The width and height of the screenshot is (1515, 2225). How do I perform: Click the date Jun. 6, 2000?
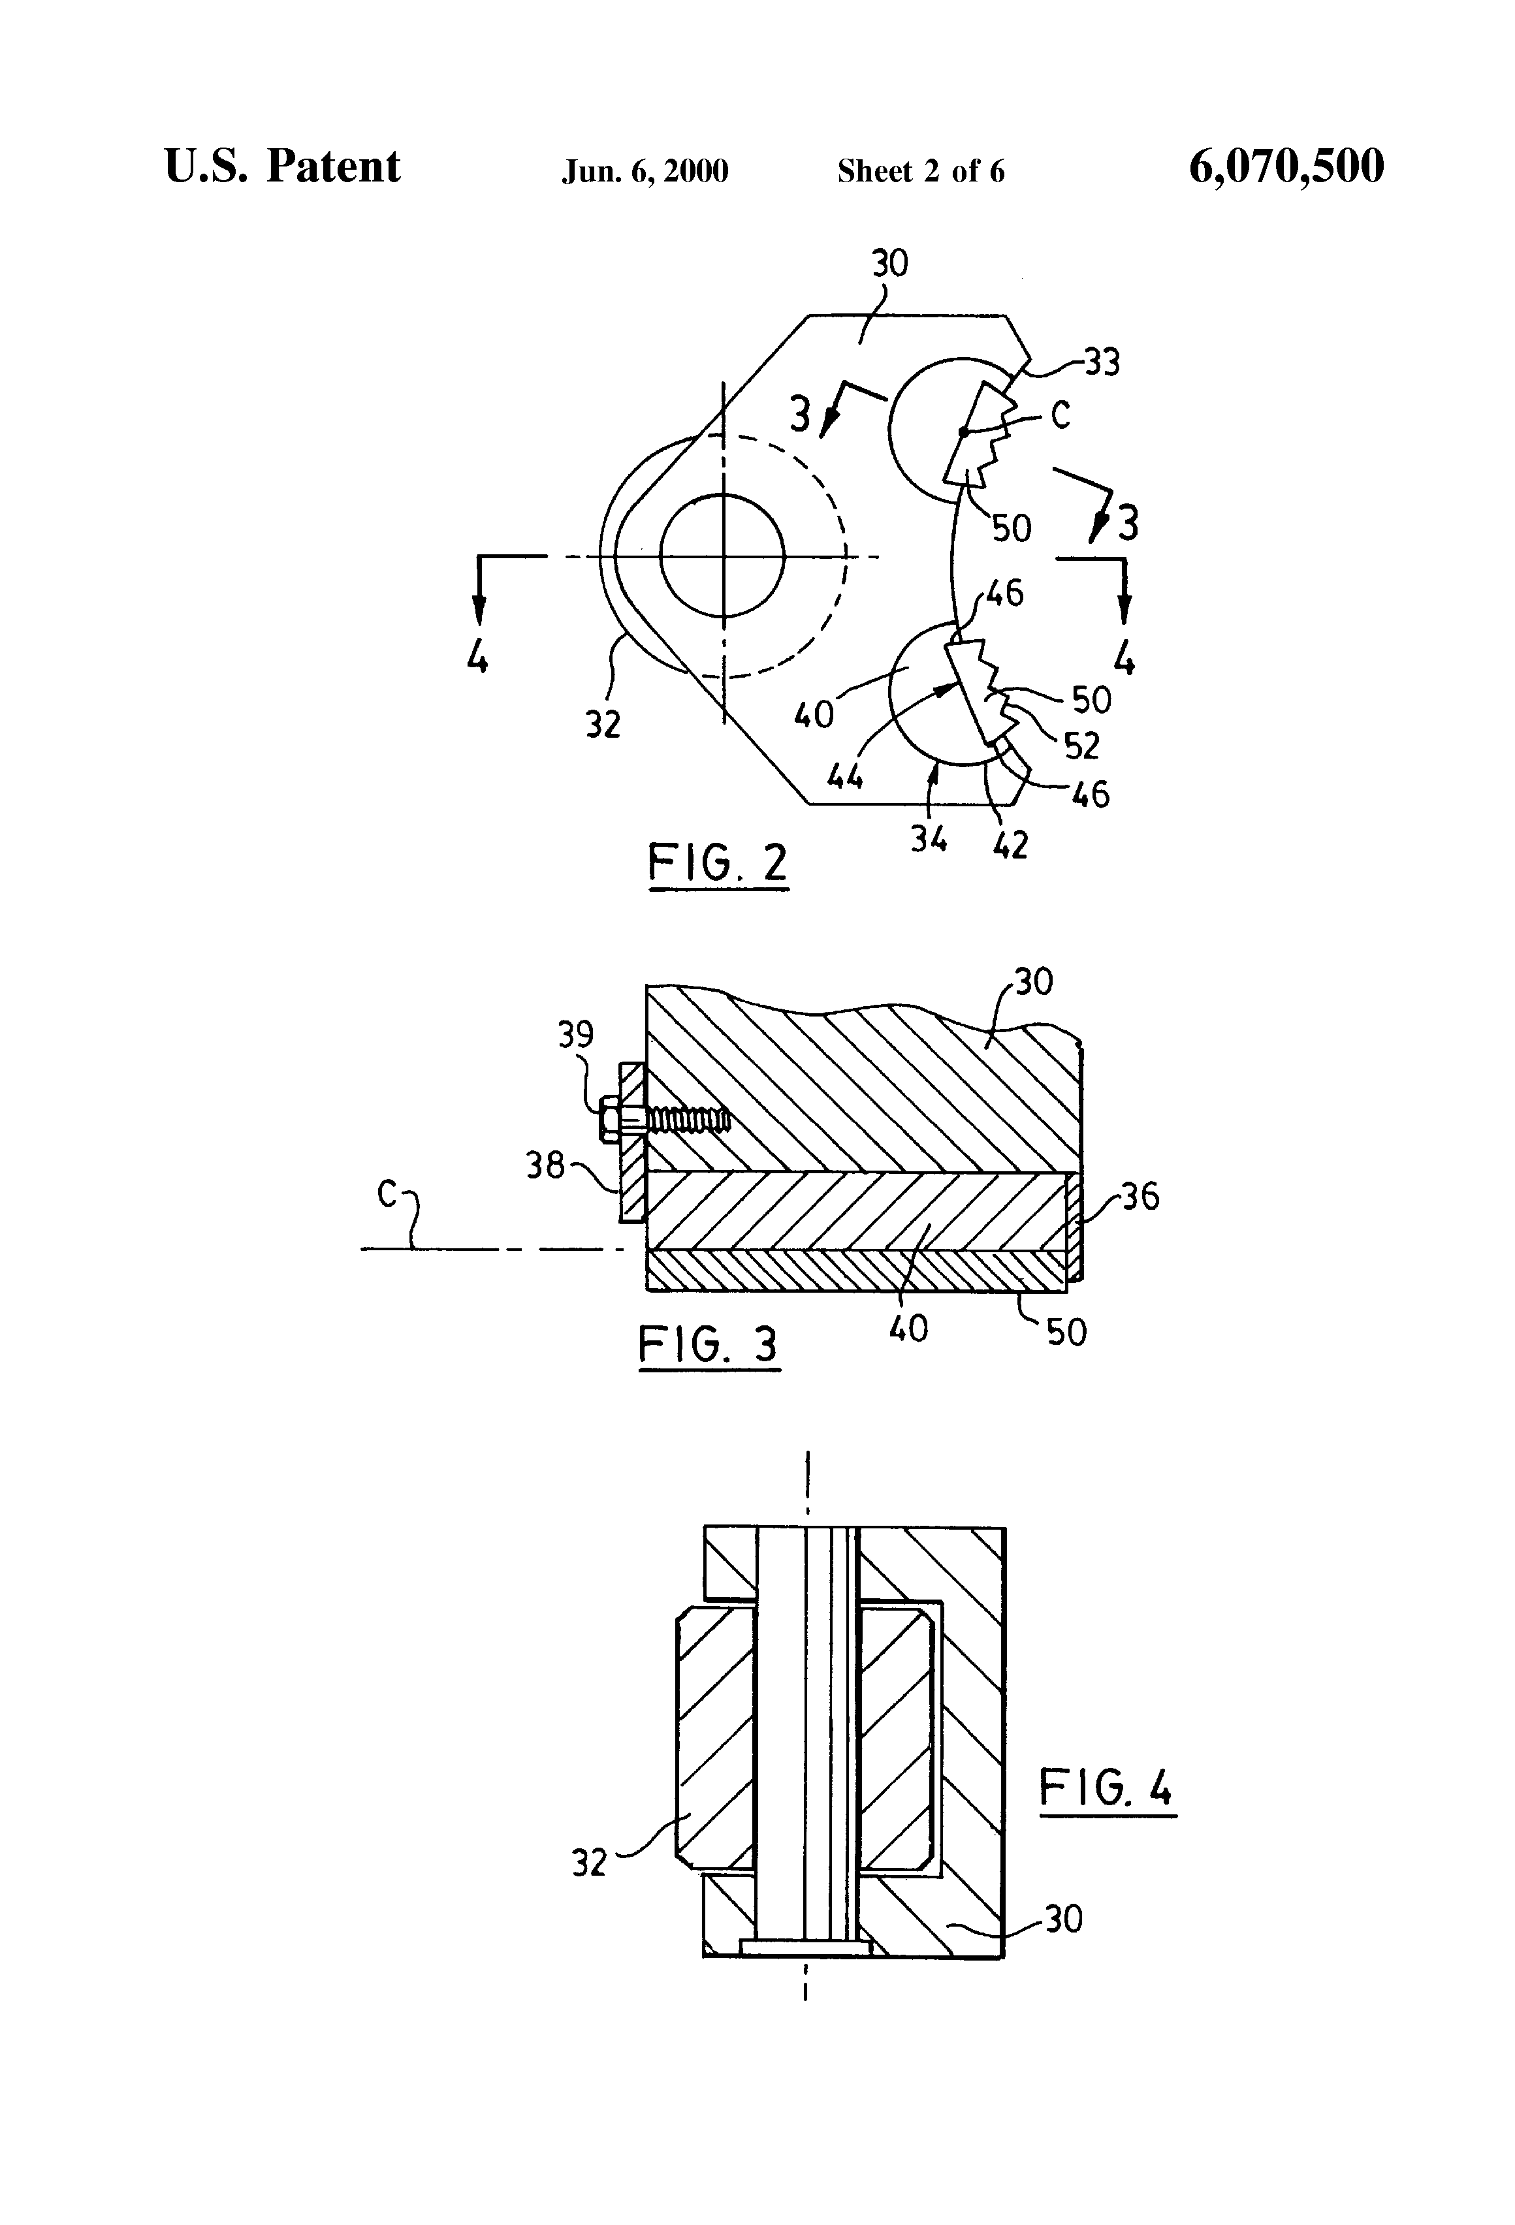pos(645,171)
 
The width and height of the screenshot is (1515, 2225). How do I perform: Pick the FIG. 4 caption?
pos(1106,1788)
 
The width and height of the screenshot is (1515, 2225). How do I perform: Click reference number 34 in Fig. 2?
pos(928,840)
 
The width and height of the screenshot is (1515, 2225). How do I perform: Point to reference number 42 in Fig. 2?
pos(1010,844)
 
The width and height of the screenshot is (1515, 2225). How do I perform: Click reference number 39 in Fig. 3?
pos(575,1035)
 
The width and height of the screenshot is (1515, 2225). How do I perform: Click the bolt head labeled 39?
pos(609,1119)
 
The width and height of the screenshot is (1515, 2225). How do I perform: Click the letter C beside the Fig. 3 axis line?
pos(387,1194)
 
